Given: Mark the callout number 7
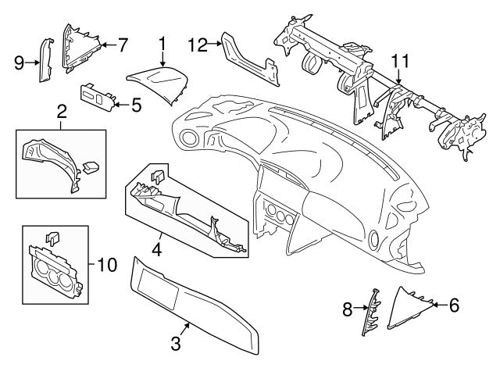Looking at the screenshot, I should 122,44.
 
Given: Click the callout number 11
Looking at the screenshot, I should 399,60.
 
